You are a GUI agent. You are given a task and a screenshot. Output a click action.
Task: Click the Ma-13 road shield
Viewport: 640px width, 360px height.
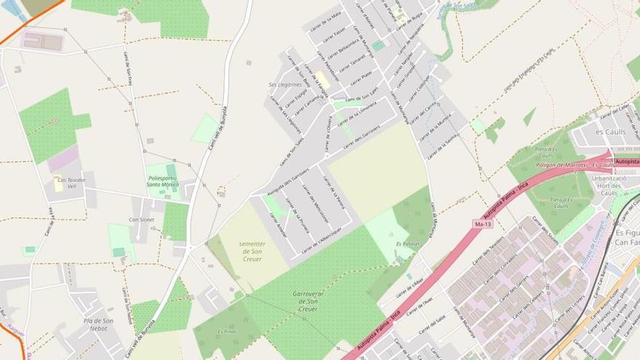pos(479,225)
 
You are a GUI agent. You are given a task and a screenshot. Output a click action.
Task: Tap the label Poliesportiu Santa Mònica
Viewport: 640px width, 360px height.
pos(164,181)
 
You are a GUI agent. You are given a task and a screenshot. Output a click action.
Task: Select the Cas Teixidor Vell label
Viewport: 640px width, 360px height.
pos(71,183)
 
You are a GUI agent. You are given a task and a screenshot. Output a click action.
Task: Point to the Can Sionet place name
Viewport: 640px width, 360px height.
pos(141,219)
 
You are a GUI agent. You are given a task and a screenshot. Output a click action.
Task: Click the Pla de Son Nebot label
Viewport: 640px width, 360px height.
pos(98,324)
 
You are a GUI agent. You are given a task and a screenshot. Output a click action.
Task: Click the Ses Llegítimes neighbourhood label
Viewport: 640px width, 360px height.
pos(285,84)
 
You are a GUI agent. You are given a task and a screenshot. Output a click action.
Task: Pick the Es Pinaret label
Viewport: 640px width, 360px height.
pos(408,244)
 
